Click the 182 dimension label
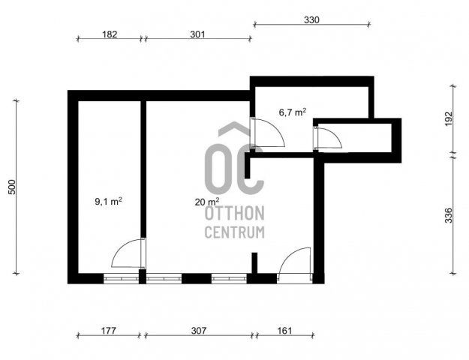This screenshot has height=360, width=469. pos(110,34)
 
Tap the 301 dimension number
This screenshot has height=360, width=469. pos(197,34)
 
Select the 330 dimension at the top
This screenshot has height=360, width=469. pos(311,20)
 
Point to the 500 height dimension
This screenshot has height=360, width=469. pos(12,187)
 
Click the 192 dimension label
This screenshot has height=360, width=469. pos(449,118)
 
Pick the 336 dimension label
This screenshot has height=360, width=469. pos(449,215)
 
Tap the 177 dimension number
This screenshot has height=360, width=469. pos(108,331)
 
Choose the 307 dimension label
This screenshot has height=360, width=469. pos(199,331)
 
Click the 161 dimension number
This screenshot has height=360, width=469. pos(284,331)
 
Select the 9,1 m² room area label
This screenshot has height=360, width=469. pos(108,201)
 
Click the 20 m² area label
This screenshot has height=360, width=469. pos(207,202)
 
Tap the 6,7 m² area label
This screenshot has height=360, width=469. pos(293,112)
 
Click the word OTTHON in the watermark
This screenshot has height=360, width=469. pos(234,213)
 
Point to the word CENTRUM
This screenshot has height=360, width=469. pos(234,232)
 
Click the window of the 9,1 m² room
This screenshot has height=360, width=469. pos(121,278)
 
